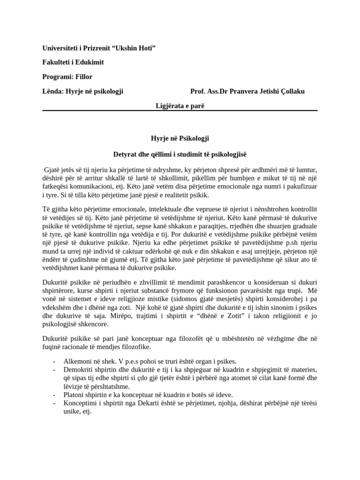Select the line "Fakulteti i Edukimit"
[73, 62]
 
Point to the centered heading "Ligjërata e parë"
[180, 106]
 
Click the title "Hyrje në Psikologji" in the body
[180, 138]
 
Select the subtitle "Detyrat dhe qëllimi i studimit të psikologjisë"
[180, 154]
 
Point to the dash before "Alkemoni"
[54, 361]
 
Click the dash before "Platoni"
[54, 395]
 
